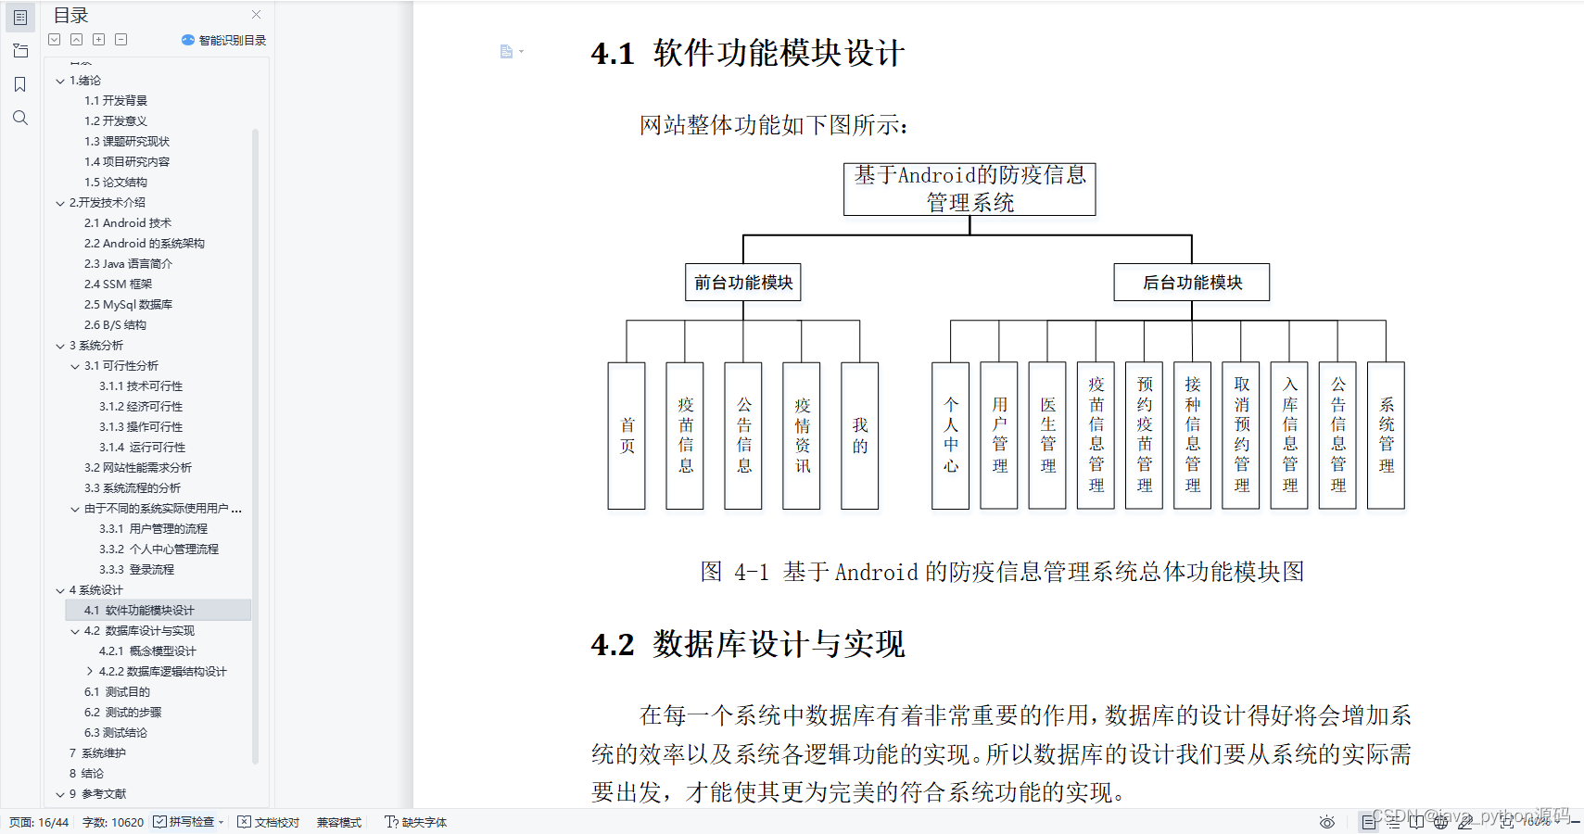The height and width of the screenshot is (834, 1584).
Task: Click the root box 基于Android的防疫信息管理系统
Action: coord(969,189)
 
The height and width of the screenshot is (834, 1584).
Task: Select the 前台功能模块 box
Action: coord(743,283)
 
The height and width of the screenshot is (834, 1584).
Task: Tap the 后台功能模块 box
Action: coord(1192,283)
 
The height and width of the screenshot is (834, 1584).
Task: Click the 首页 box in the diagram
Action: coord(627,436)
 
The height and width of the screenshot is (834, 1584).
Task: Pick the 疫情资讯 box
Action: coord(802,436)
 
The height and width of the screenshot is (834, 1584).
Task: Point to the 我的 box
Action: coord(860,436)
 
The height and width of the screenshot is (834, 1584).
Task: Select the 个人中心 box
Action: coord(951,436)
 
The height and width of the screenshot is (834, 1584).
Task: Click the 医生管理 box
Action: coord(1047,436)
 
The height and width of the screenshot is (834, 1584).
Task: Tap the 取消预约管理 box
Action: coord(1241,436)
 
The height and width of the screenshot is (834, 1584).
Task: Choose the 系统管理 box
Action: coord(1386,436)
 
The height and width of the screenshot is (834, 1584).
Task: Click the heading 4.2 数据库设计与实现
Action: coord(748,644)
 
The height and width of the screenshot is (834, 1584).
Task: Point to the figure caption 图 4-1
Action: coord(1002,572)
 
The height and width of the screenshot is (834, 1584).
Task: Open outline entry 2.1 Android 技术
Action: coord(128,223)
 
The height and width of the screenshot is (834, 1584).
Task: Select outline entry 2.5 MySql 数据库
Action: coord(128,305)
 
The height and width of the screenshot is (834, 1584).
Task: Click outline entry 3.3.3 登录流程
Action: coord(136,570)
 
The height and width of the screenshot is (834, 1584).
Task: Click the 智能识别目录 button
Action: coord(224,41)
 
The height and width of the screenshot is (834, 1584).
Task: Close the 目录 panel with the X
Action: coord(257,15)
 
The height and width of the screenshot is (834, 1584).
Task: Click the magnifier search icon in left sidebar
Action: coord(20,118)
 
